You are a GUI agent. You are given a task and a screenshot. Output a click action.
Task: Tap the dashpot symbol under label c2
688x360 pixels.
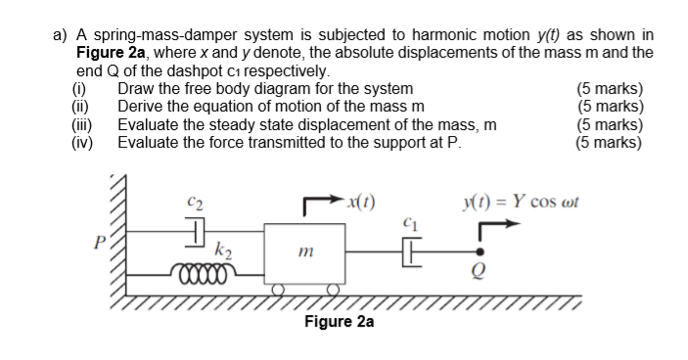pyautogui.click(x=195, y=232)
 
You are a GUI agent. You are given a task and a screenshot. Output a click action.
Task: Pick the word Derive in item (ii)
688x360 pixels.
pyautogui.click(x=141, y=108)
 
